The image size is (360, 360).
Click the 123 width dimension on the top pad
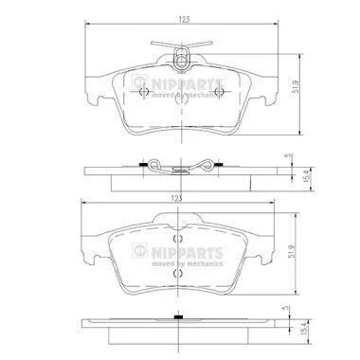click(x=184, y=19)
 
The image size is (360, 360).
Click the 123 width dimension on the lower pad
click(x=177, y=198)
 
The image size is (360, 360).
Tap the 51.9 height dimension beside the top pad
click(x=296, y=86)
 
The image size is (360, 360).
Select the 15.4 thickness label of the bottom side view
click(x=304, y=329)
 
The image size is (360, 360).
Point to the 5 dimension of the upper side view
click(x=287, y=156)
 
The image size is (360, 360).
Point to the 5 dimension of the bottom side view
click(x=287, y=307)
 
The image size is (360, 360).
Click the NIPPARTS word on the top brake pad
click(x=188, y=84)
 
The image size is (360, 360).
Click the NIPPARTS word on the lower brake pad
click(x=188, y=253)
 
